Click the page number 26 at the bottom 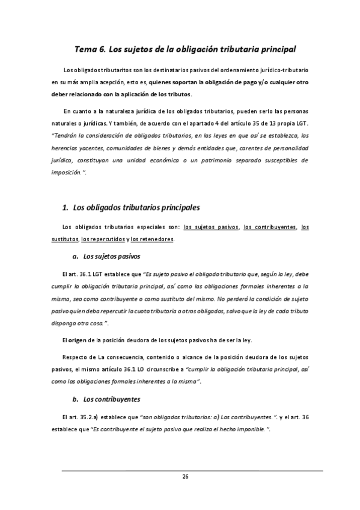[186, 476]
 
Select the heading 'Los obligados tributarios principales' [136, 207]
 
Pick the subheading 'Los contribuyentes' [112, 399]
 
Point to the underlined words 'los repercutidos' [102, 239]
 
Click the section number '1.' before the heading [66, 207]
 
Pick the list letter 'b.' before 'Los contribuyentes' [75, 399]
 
